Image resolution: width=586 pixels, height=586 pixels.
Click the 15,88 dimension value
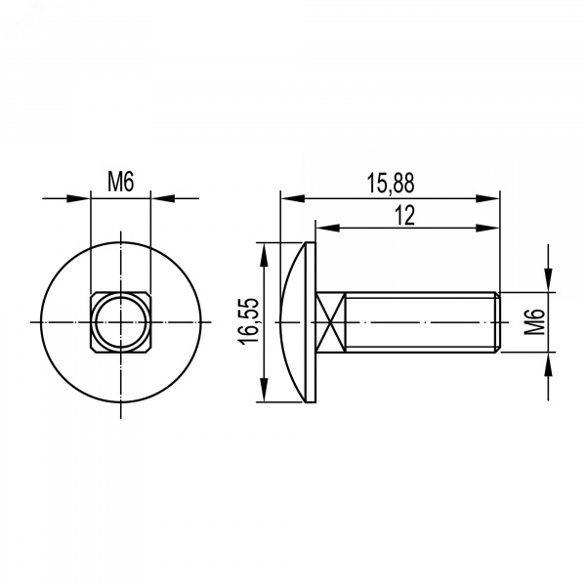point(390,184)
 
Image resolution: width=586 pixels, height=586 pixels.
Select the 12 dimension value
point(405,215)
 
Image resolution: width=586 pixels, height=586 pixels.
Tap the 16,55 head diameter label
point(248,321)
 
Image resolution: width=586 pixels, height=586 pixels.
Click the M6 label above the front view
point(121,182)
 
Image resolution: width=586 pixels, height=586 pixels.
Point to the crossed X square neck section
point(330,321)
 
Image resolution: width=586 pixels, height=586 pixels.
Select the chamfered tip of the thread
point(498,321)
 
